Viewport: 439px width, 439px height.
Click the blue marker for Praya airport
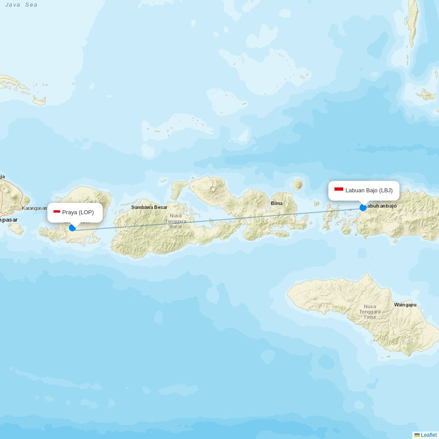click(72, 227)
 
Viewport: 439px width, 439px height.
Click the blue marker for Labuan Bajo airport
click(363, 207)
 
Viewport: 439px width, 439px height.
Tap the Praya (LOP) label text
click(78, 212)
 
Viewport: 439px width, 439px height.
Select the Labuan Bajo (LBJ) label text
click(369, 191)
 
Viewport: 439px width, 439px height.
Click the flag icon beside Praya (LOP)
click(57, 212)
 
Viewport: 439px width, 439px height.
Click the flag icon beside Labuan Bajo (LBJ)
click(339, 190)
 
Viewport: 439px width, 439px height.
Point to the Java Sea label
click(22, 5)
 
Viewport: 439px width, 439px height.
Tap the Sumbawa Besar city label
click(149, 207)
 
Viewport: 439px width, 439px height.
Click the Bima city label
click(277, 203)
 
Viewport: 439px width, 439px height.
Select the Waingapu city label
click(405, 305)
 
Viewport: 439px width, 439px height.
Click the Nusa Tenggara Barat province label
click(176, 221)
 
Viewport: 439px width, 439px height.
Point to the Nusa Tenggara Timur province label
click(370, 312)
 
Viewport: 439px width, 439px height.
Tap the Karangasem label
click(35, 208)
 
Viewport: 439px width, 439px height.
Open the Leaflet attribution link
click(428, 435)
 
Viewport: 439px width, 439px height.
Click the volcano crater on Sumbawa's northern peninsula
click(213, 189)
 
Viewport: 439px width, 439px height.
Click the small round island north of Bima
click(298, 185)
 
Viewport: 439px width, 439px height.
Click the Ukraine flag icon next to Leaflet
click(417, 435)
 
